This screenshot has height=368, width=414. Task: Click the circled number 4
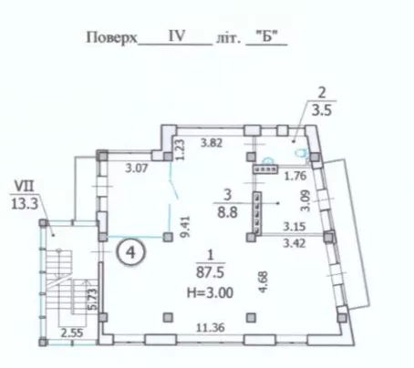130,252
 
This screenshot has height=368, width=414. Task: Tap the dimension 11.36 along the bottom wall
211,328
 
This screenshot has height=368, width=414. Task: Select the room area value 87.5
210,272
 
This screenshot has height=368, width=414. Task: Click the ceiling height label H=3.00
210,293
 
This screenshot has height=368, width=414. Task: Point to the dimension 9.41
185,226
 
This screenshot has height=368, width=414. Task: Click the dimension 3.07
137,168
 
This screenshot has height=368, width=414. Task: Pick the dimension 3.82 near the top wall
212,143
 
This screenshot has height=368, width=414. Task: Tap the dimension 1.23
180,149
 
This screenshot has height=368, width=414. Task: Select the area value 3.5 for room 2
322,110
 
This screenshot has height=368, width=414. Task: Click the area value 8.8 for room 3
227,212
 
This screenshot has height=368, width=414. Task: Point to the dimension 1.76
295,176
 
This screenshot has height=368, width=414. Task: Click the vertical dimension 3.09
305,200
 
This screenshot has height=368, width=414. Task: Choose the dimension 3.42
295,243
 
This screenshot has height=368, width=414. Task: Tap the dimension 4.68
263,282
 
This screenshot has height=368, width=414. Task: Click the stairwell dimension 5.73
93,299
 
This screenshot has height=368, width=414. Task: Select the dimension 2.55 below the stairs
72,333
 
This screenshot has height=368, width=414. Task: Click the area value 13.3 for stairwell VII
25,204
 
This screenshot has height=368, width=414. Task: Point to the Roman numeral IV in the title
177,36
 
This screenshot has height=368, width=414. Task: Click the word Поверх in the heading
112,37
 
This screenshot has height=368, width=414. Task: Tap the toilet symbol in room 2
302,152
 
